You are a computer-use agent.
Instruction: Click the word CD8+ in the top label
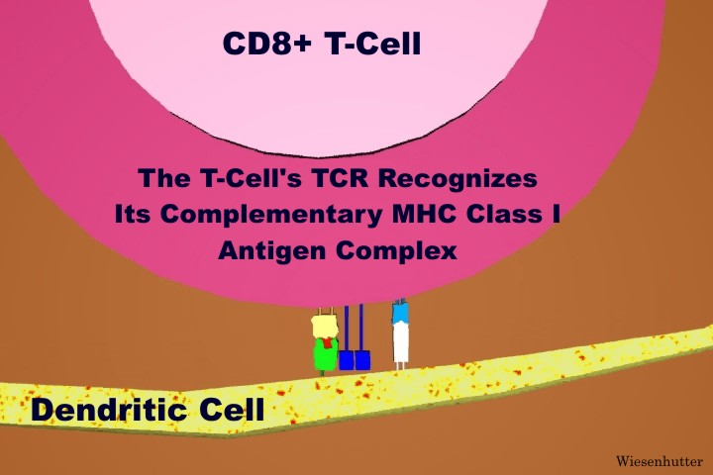pyautogui.click(x=267, y=44)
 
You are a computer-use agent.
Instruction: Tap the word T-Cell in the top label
pyautogui.click(x=373, y=44)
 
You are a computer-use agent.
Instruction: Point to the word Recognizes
pyautogui.click(x=458, y=179)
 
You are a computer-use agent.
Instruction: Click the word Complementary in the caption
pyautogui.click(x=271, y=215)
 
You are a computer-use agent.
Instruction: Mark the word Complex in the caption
pyautogui.click(x=396, y=251)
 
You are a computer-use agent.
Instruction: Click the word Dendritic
pyautogui.click(x=109, y=410)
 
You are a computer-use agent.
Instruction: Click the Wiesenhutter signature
pyautogui.click(x=660, y=461)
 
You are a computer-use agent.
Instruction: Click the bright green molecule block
pyautogui.click(x=326, y=354)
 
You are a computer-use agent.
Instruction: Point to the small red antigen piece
pyautogui.click(x=327, y=341)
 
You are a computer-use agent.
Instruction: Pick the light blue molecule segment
pyautogui.click(x=400, y=313)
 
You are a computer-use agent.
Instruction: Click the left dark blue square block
pyautogui.click(x=347, y=360)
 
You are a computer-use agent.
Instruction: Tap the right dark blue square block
pyautogui.click(x=362, y=360)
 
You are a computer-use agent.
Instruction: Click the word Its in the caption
pyautogui.click(x=132, y=214)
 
